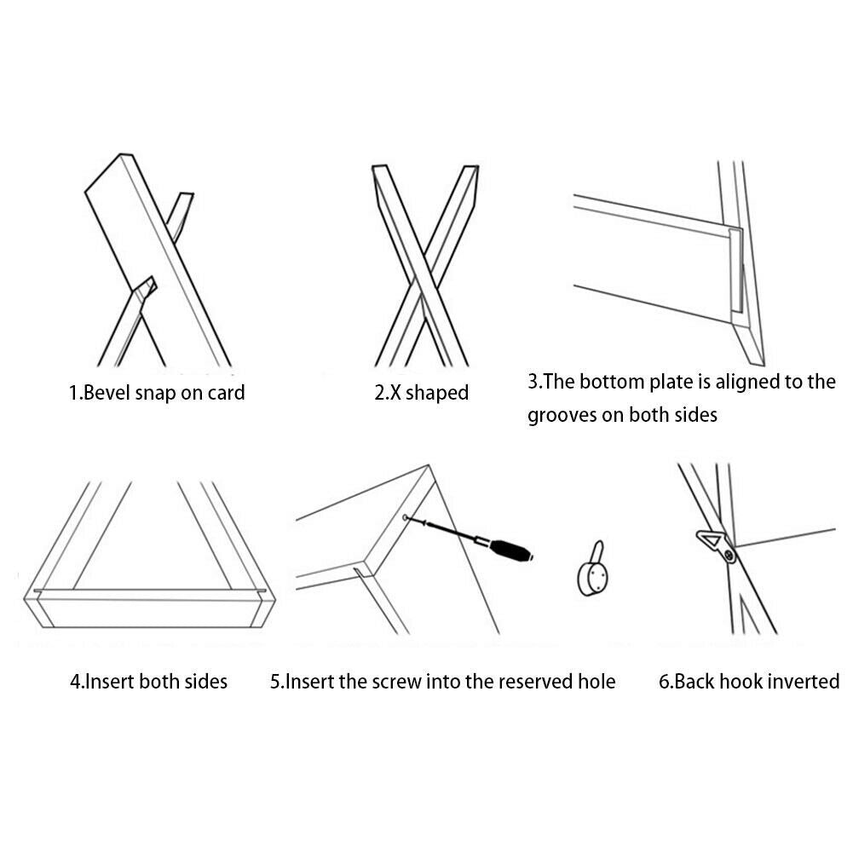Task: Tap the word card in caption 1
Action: tap(227, 393)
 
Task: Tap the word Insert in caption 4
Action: tap(110, 682)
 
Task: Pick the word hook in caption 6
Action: tap(732, 682)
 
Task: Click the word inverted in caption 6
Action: tap(799, 682)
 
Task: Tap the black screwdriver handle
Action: tap(510, 550)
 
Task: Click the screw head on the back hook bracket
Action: tap(729, 555)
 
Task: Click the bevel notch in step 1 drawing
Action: tap(146, 287)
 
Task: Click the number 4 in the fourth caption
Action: tap(76, 682)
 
